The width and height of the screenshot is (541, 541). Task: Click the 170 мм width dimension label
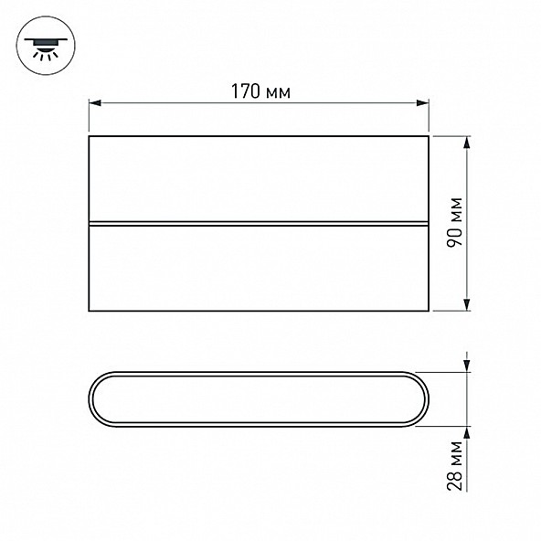coord(260,91)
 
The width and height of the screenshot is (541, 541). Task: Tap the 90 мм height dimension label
coord(454,222)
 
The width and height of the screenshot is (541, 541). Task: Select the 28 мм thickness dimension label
coord(454,465)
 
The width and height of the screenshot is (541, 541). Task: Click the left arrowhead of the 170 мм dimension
coord(95,103)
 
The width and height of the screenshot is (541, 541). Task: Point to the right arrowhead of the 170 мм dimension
coord(422,103)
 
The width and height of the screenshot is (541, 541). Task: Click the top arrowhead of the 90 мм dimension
coord(466,143)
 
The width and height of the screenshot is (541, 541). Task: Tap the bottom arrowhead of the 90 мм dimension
coord(466,304)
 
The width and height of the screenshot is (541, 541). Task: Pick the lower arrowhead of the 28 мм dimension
coord(466,432)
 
